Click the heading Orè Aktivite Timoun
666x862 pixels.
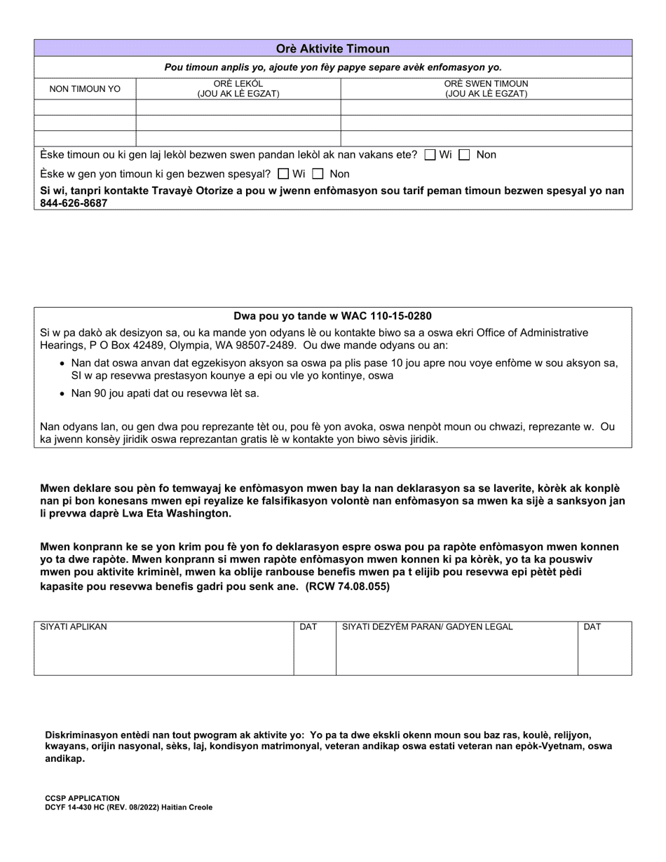click(332, 49)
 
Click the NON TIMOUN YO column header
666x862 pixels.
click(85, 89)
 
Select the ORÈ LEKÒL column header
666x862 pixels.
click(238, 89)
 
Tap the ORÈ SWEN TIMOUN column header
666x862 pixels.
click(486, 89)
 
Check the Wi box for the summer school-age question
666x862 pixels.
click(430, 155)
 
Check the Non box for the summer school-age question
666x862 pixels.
click(464, 155)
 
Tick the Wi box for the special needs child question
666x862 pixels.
click(283, 174)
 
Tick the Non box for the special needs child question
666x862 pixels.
click(318, 174)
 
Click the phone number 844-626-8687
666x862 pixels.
click(74, 203)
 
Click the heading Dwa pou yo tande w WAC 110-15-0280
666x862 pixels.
click(332, 316)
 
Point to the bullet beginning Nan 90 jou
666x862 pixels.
click(165, 393)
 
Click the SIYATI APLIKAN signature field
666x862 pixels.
click(163, 652)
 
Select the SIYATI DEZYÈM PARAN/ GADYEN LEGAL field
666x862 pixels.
click(456, 652)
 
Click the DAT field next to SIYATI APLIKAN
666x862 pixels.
click(314, 652)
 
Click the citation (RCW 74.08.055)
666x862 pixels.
click(347, 587)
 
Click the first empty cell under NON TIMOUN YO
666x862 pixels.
click(85, 108)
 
